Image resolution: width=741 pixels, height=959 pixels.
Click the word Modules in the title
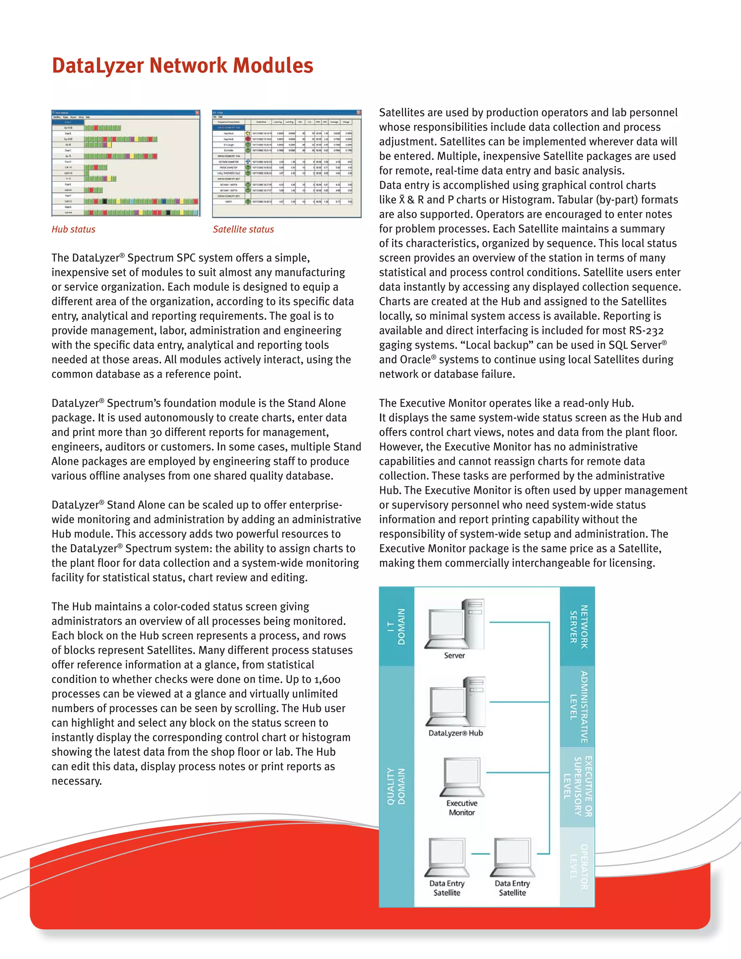coord(272,66)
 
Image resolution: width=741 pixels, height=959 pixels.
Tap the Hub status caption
coord(73,229)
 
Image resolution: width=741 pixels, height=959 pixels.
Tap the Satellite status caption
coord(243,229)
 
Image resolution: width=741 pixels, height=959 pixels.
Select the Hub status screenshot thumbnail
coord(126,163)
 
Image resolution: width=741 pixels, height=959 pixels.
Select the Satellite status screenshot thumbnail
coord(287,163)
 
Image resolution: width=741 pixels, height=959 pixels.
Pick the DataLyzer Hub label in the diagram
coord(456,733)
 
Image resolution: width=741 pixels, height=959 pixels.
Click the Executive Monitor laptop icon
coord(462,776)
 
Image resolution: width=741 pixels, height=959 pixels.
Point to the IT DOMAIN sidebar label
coord(397,626)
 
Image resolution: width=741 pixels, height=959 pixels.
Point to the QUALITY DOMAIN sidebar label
coord(397,786)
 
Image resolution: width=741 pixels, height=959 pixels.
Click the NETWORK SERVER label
coord(578,626)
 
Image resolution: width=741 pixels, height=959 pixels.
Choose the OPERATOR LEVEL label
coord(578,867)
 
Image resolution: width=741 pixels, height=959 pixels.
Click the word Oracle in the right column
coord(415,360)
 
